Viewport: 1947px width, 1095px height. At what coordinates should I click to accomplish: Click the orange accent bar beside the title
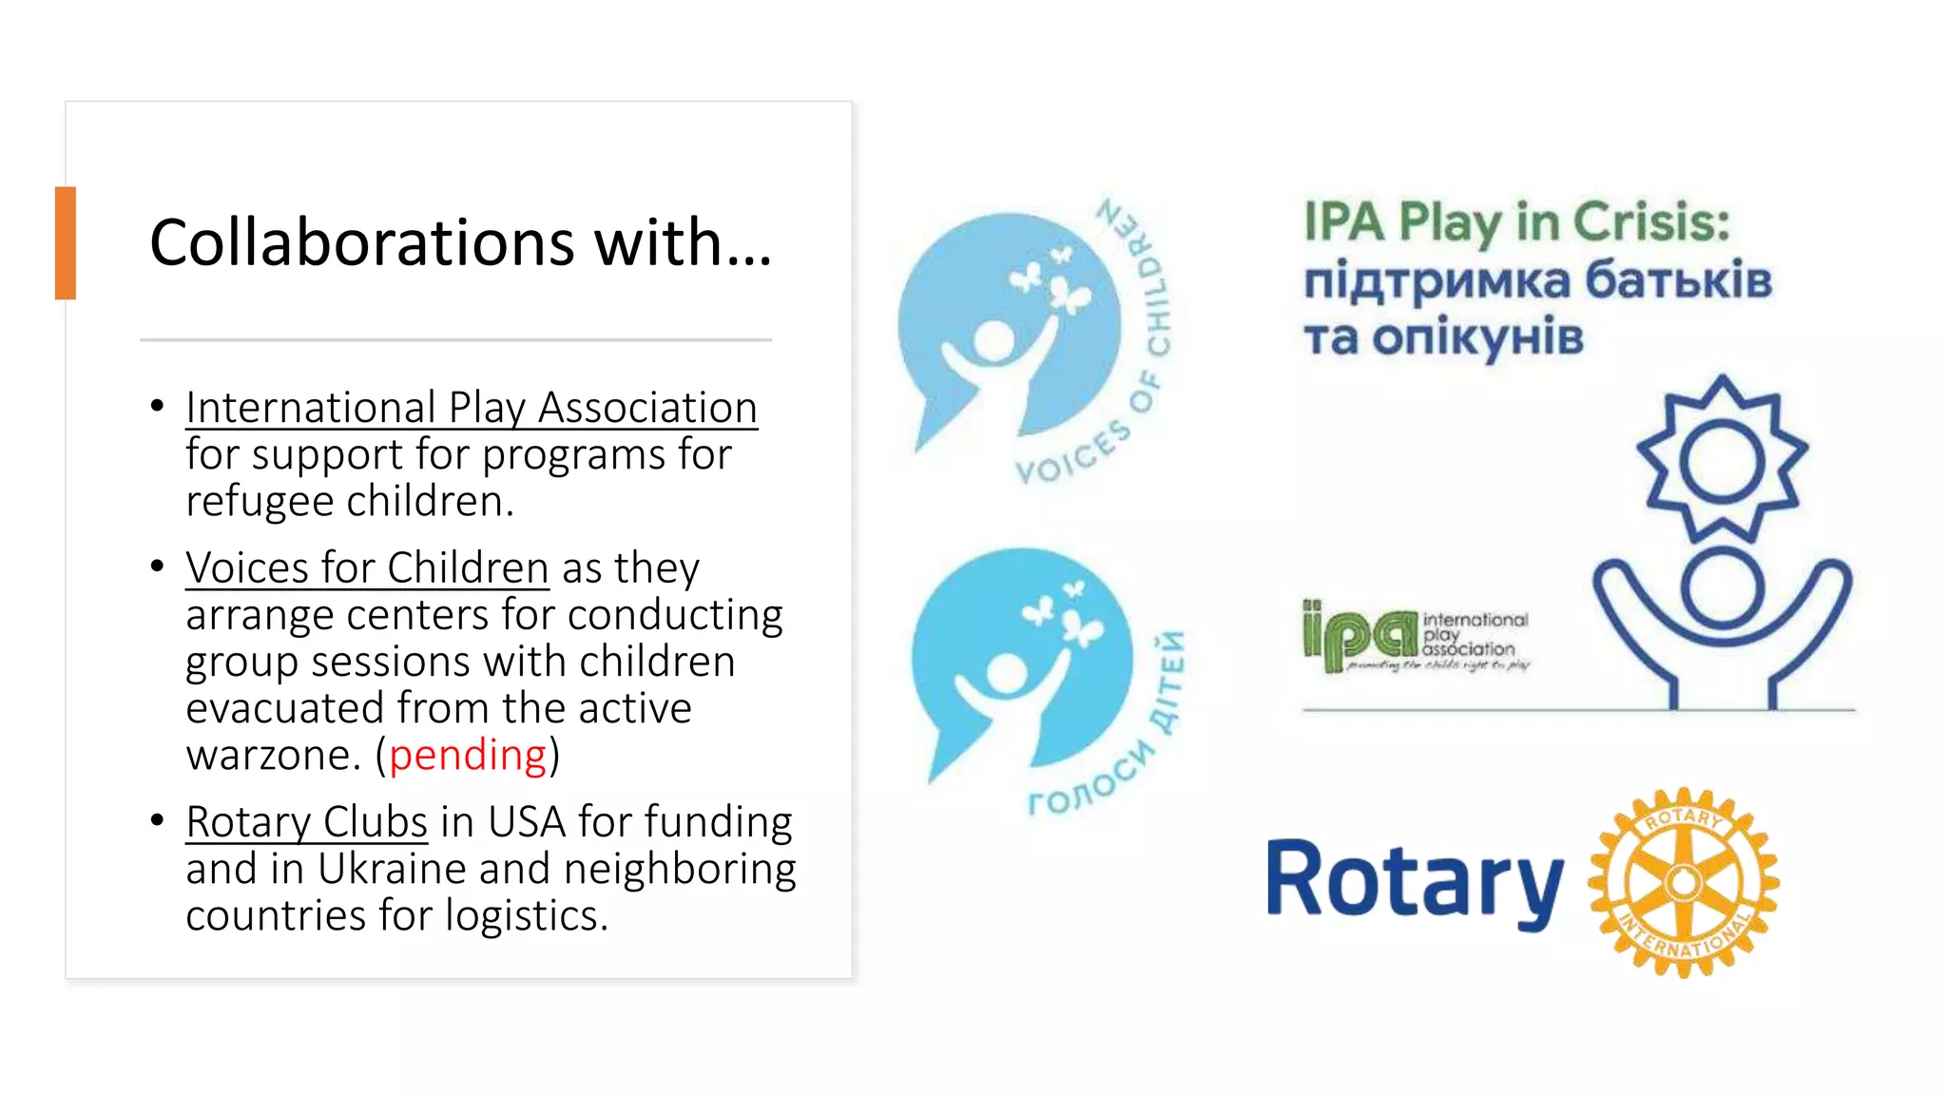point(65,243)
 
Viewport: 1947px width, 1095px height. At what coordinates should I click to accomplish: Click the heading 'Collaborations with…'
point(460,242)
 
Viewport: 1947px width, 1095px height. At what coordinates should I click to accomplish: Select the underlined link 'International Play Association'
point(472,408)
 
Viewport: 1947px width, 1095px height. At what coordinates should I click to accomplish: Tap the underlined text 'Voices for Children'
point(367,568)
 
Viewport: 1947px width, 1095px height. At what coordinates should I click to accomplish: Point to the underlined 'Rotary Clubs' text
point(306,822)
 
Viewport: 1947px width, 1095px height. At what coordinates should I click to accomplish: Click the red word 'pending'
point(468,756)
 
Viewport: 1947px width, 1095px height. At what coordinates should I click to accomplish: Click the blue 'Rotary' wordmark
point(1415,882)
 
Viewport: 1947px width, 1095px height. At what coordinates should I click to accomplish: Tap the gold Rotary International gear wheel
point(1684,882)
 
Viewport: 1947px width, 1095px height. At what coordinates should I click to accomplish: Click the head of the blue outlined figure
point(1722,587)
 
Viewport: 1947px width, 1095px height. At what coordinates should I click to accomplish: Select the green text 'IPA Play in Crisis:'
point(1516,221)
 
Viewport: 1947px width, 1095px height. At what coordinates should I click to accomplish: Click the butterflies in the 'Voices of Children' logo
point(1055,280)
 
